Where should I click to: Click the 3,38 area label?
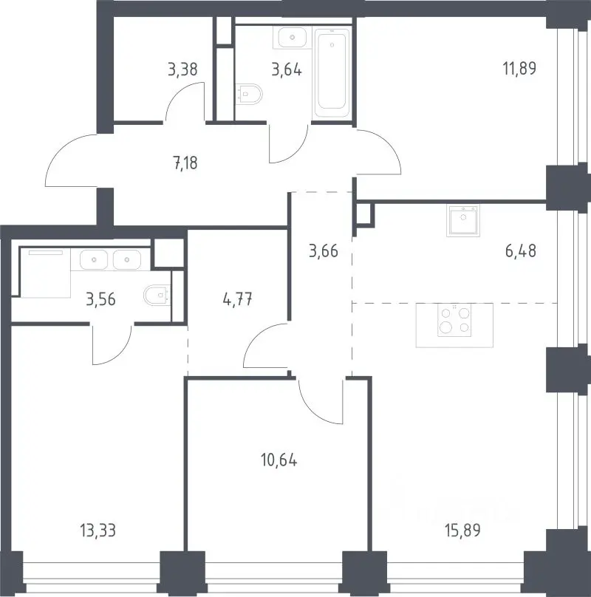coord(182,69)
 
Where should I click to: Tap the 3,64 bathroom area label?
coord(287,69)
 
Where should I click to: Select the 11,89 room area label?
coord(519,69)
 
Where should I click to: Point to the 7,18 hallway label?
coord(185,163)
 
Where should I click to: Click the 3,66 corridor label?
coord(324,251)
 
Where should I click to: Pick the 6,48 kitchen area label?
coord(521,251)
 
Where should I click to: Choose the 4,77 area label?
coord(237,300)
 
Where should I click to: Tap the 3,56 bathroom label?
coord(100,300)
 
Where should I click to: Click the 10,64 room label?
coord(279,460)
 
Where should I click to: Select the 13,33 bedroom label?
coord(98,530)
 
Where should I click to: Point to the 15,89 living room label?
coord(462,530)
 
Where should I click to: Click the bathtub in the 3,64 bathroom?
coord(332,72)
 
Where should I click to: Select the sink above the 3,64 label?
coord(293,37)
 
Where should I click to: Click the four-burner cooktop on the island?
coord(454,320)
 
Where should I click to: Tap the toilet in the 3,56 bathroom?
coord(157,295)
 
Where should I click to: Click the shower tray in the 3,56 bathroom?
coord(45,273)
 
